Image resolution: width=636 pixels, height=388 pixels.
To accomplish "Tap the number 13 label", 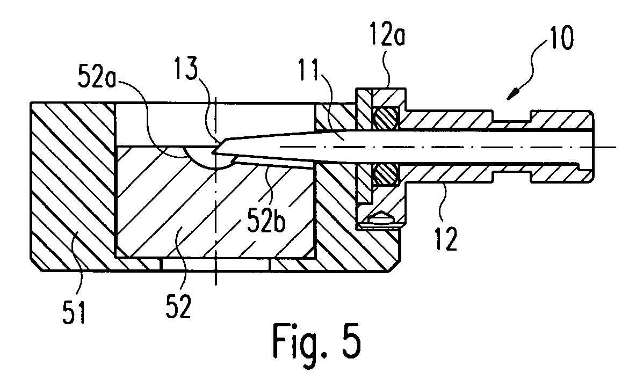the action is (186, 68).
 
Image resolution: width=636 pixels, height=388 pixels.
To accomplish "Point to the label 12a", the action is (387, 36).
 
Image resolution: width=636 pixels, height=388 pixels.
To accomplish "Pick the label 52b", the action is (266, 221).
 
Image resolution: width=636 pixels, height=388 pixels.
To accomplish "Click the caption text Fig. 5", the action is (317, 339).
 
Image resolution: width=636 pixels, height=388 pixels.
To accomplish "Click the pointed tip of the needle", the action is (213, 153).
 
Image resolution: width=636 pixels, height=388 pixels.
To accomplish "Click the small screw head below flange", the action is (380, 219).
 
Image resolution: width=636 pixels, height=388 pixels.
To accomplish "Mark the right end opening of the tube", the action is (590, 146).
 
